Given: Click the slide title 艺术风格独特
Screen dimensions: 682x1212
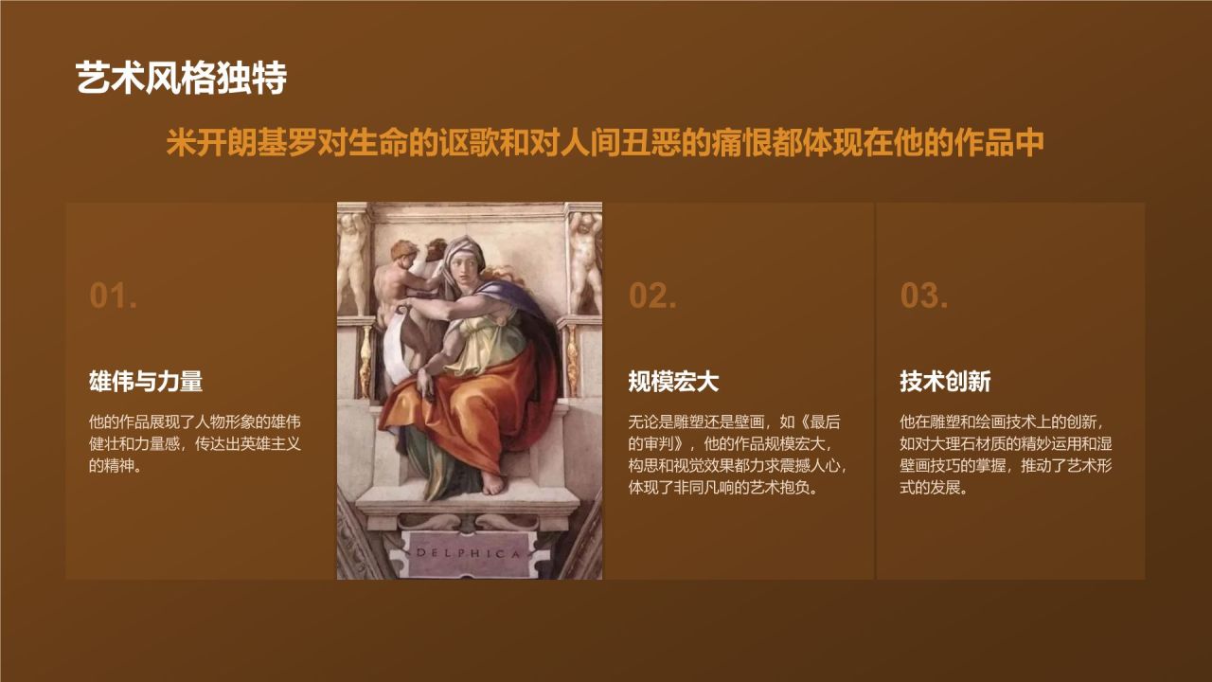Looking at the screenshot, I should coord(181,80).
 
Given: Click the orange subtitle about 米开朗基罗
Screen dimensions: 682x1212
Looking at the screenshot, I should coord(605,144).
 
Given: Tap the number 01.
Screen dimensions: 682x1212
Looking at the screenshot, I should coord(114,296).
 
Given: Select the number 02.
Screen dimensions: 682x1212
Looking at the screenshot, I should coord(652,296).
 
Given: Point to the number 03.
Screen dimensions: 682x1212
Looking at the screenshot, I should coord(924,296).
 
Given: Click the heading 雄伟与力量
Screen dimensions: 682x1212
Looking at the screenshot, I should coord(146,382).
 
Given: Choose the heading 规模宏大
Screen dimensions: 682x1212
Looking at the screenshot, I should coord(673,382).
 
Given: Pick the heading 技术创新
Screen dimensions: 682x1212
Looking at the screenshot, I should coord(945,382).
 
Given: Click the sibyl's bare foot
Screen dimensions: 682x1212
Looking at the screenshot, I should coord(493,485).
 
